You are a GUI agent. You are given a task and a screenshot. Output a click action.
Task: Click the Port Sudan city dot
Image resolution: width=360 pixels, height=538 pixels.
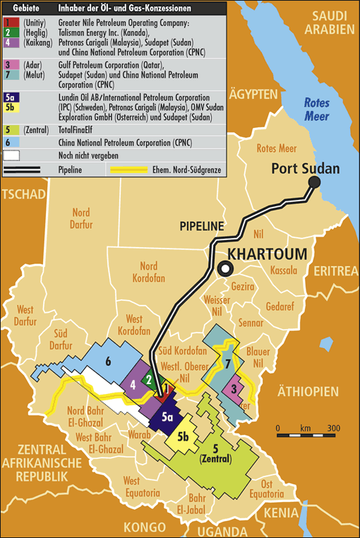(314, 182)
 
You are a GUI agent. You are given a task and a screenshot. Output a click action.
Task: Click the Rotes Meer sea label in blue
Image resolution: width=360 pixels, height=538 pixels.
(317, 109)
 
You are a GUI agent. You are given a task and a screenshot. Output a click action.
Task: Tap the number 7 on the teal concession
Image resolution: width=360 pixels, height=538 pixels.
(227, 364)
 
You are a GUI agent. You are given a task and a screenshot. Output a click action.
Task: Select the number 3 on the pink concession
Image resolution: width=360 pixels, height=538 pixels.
(234, 389)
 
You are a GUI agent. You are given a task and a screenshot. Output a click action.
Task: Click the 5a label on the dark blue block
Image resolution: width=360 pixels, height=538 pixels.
(167, 417)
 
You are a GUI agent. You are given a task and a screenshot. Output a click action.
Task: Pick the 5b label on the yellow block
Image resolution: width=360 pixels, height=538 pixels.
(184, 436)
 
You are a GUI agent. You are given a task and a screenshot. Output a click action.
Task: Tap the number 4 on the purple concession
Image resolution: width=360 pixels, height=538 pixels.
(133, 384)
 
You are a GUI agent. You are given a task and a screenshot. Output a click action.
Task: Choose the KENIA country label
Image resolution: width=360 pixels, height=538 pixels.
(336, 513)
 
